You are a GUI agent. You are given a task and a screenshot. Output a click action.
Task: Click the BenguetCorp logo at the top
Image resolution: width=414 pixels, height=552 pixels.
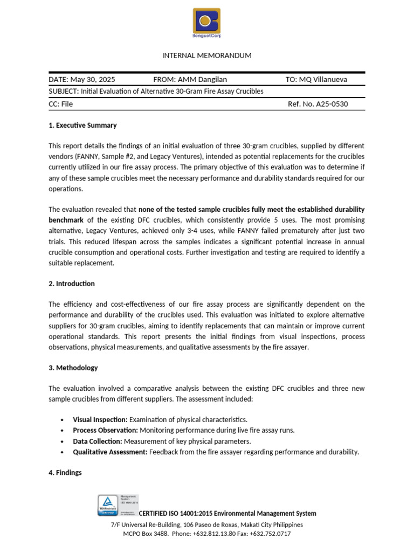pyautogui.click(x=207, y=23)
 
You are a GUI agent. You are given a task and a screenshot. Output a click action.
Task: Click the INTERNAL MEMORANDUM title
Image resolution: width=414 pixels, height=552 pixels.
pyautogui.click(x=207, y=56)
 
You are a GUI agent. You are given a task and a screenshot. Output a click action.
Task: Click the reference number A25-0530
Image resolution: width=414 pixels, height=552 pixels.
pyautogui.click(x=329, y=104)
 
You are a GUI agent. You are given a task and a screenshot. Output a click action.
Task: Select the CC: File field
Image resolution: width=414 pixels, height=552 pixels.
pyautogui.click(x=61, y=104)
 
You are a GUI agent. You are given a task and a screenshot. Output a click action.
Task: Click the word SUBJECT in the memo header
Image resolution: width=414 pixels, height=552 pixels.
pyautogui.click(x=63, y=92)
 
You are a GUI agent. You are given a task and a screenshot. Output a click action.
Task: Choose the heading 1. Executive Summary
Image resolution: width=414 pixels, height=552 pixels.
pyautogui.click(x=82, y=125)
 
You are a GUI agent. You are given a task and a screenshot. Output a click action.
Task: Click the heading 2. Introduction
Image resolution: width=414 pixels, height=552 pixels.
pyautogui.click(x=72, y=284)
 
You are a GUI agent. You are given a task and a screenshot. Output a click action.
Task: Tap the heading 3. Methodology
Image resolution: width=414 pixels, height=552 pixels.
pyautogui.click(x=73, y=368)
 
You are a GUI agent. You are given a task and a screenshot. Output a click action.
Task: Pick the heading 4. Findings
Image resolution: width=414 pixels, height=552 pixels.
pyautogui.click(x=65, y=473)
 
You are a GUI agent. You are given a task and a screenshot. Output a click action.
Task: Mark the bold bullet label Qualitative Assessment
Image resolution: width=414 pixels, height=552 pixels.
pyautogui.click(x=110, y=452)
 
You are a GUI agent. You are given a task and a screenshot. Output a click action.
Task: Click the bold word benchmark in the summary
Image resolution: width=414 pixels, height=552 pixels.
pyautogui.click(x=66, y=220)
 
